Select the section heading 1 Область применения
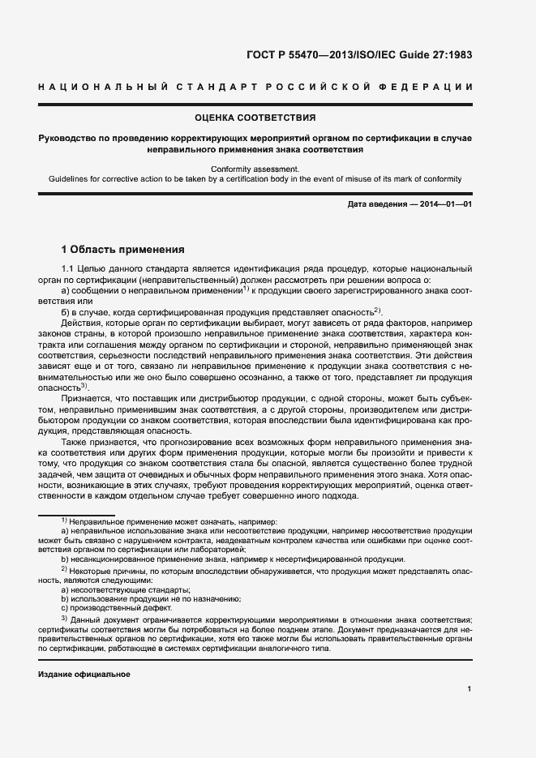[123, 249]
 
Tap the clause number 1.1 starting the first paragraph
[69, 268]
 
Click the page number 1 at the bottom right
[470, 690]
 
